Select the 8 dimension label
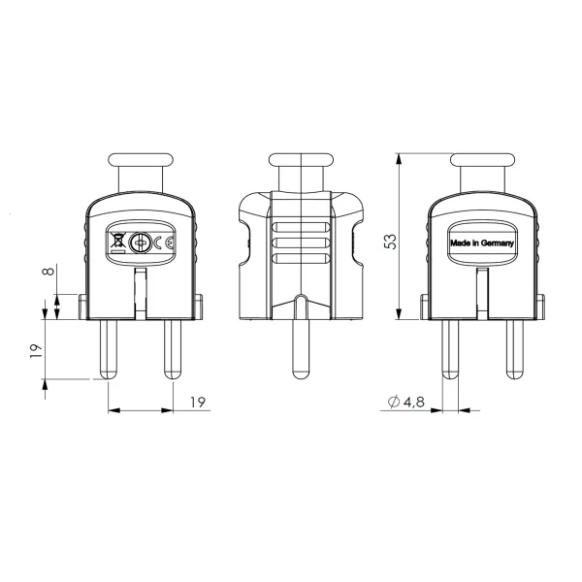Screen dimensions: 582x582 (x=48, y=270)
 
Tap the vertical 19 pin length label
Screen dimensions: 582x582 (x=37, y=351)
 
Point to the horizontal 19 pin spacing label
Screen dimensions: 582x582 (x=198, y=402)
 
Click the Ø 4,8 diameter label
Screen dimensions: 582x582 (x=405, y=402)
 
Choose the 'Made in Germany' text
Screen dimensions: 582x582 (x=482, y=243)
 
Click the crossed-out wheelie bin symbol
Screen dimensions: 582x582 (x=118, y=241)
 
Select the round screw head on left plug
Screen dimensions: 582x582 (x=140, y=242)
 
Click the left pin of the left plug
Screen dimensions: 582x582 (x=108, y=349)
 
